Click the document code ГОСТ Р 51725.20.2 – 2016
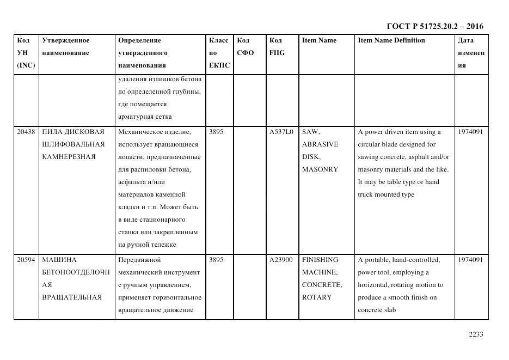[434, 26]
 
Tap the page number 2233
[476, 334]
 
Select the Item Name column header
[319, 40]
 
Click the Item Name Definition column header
[391, 40]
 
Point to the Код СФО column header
[246, 47]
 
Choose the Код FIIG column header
[277, 47]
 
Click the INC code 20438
[26, 132]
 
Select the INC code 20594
[26, 260]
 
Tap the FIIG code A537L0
[281, 132]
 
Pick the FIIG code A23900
[281, 260]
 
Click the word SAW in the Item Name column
[311, 132]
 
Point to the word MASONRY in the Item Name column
[320, 169]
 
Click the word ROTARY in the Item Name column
[316, 297]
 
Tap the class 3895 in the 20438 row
[216, 132]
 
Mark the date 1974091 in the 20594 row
[470, 260]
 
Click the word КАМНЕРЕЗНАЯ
[69, 157]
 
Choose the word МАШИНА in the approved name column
[59, 260]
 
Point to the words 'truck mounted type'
[386, 194]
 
